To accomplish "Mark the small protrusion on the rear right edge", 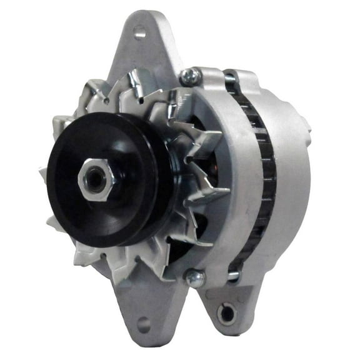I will click(x=306, y=125).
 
